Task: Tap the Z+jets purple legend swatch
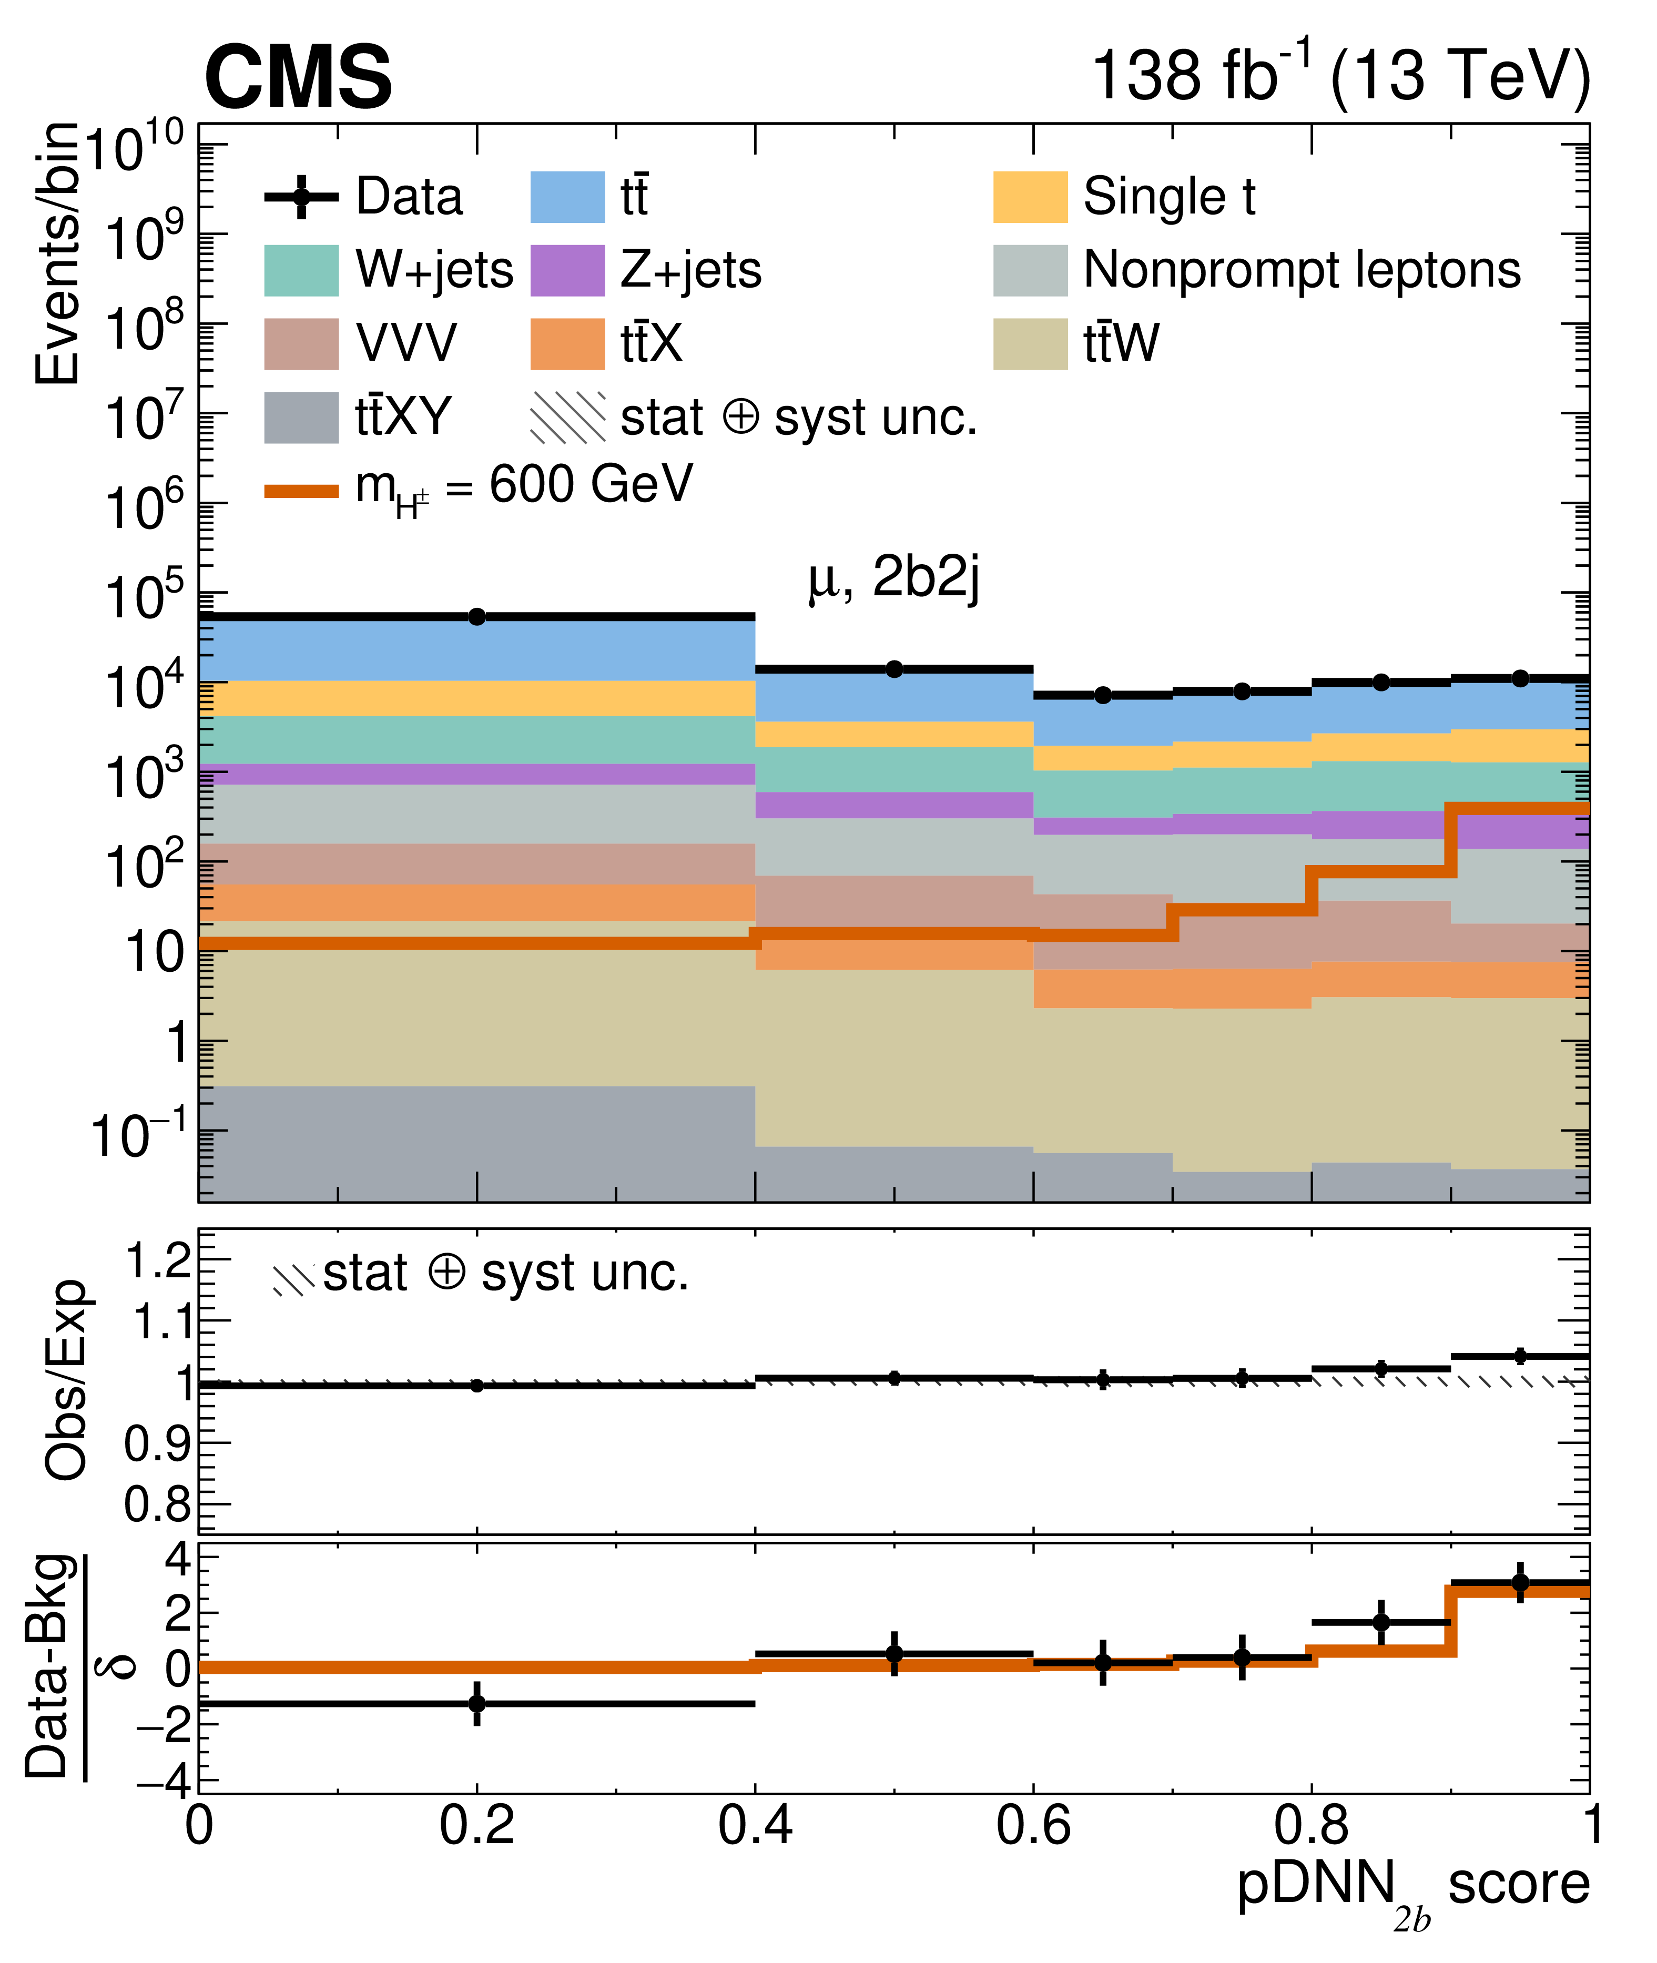(x=567, y=270)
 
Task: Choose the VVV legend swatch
(x=301, y=344)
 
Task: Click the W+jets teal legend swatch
(x=301, y=270)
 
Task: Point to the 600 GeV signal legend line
(x=301, y=490)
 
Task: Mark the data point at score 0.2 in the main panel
(x=477, y=616)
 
